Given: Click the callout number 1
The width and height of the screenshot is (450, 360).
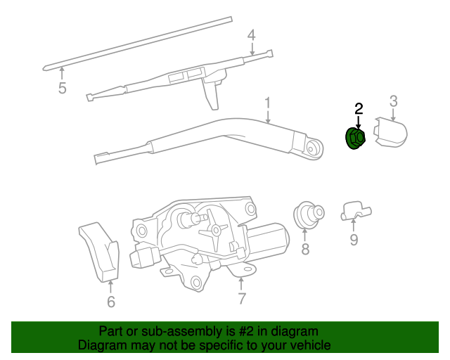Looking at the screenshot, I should coord(268,104).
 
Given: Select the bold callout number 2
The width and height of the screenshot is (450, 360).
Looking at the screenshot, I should coord(359,108).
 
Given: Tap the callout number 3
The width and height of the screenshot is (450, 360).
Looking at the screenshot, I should coord(394,101).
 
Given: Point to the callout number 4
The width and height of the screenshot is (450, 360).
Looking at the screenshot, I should coord(251,35).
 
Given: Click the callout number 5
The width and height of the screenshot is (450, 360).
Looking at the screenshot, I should coord(62,88).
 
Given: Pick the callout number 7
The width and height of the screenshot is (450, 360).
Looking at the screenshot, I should coord(241,298).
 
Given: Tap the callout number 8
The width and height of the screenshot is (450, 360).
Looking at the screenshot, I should coord(305,249).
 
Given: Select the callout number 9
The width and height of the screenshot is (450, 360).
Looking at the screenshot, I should coord(354,240).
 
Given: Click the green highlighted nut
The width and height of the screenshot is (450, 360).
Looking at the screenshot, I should coord(355,139).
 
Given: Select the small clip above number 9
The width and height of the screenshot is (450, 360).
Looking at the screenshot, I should coord(355,210).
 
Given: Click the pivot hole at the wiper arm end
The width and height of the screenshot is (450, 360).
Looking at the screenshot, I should coord(312,147).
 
